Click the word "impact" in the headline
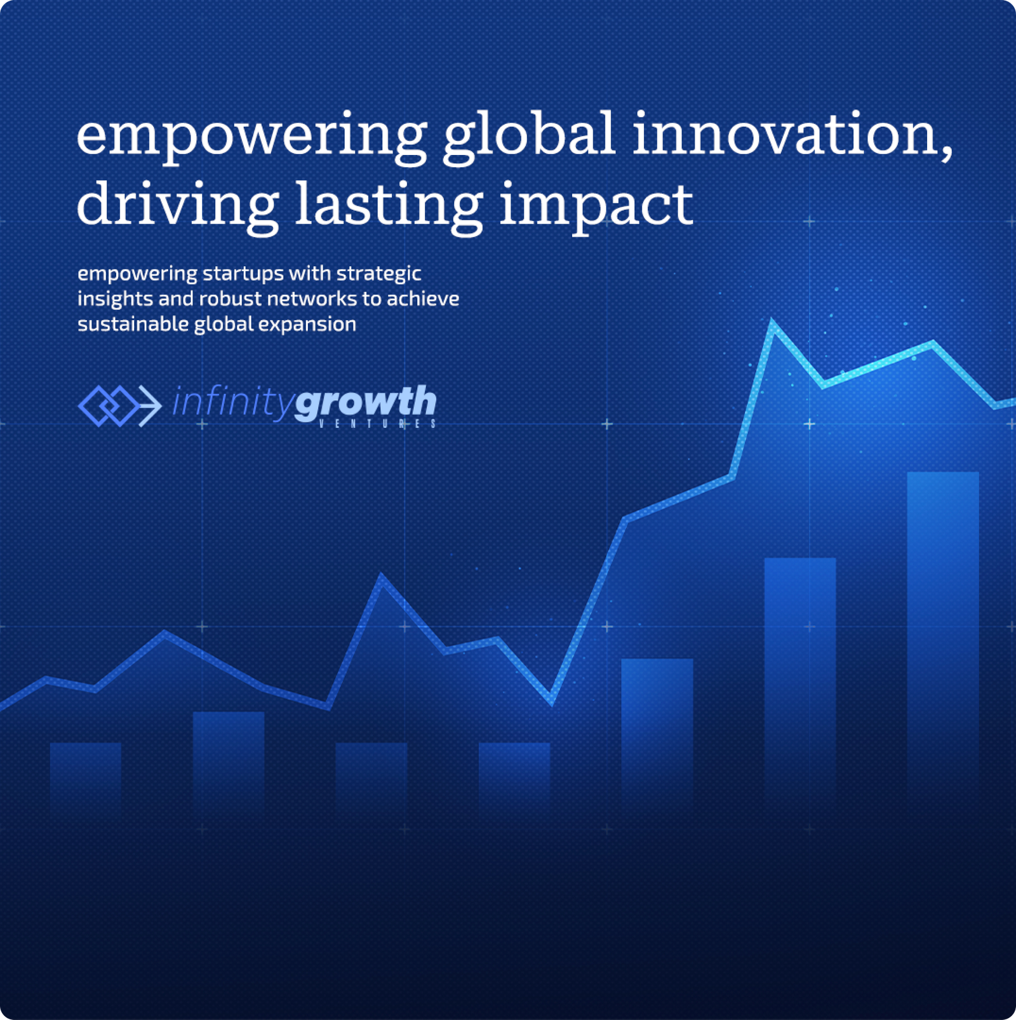[x=596, y=206]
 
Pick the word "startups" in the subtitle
[x=243, y=274]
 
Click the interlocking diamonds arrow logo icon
[x=120, y=405]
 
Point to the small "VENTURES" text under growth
[x=377, y=424]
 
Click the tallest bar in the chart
[x=943, y=641]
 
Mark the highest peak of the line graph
[x=773, y=322]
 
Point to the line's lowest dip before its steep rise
[x=551, y=701]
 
